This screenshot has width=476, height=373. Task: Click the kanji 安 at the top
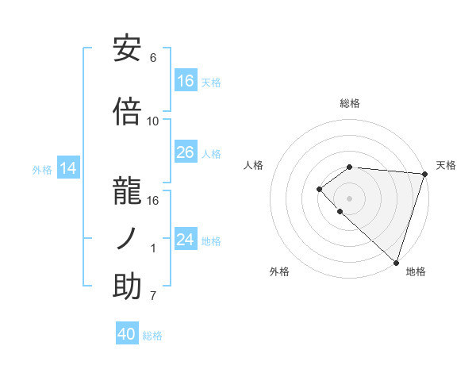127,50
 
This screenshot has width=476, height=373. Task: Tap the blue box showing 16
186,81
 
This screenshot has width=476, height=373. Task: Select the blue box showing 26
186,152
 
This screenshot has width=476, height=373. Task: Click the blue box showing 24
186,240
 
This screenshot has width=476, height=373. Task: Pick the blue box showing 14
68,168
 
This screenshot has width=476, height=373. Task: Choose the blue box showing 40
127,334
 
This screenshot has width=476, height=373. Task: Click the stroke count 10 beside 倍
153,121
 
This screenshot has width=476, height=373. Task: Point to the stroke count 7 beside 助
153,297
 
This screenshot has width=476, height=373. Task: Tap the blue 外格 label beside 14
42,169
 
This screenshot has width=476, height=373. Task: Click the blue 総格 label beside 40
152,335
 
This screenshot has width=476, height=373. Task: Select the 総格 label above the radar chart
350,103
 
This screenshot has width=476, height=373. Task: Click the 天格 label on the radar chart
446,165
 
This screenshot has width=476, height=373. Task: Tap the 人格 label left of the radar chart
254,165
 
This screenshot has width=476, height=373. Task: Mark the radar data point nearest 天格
424,174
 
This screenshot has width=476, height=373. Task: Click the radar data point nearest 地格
396,262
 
